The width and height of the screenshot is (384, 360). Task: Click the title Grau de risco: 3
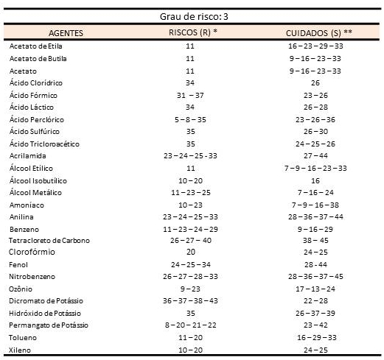pyautogui.click(x=194, y=17)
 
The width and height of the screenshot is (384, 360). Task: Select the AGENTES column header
pyautogui.click(x=66, y=33)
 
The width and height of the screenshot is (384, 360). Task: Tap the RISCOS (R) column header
pyautogui.click(x=193, y=32)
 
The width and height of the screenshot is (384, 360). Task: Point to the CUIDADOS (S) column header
pyautogui.click(x=318, y=33)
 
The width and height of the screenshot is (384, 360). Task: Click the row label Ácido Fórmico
pyautogui.click(x=33, y=95)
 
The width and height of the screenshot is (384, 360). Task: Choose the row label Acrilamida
pyautogui.click(x=27, y=156)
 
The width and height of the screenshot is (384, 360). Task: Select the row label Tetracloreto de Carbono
pyautogui.click(x=49, y=241)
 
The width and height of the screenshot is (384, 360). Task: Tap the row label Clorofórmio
pyautogui.click(x=32, y=252)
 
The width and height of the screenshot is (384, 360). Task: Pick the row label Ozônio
pyautogui.click(x=21, y=289)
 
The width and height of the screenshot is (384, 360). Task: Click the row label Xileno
pyautogui.click(x=20, y=350)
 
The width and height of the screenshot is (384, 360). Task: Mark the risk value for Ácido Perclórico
pyautogui.click(x=190, y=120)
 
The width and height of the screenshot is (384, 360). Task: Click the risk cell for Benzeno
pyautogui.click(x=190, y=230)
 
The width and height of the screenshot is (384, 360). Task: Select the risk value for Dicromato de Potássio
pyautogui.click(x=190, y=301)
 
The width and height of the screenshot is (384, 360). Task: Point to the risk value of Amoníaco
pyautogui.click(x=190, y=205)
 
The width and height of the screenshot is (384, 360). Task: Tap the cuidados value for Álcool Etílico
pyautogui.click(x=315, y=169)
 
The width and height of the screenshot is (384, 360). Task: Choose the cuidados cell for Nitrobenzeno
pyautogui.click(x=315, y=277)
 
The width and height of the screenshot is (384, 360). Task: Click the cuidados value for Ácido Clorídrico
pyautogui.click(x=315, y=83)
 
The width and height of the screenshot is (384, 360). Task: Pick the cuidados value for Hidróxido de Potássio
pyautogui.click(x=315, y=314)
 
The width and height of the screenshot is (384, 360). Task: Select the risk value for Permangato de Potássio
pyautogui.click(x=190, y=325)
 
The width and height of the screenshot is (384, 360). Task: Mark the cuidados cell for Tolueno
pyautogui.click(x=316, y=338)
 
